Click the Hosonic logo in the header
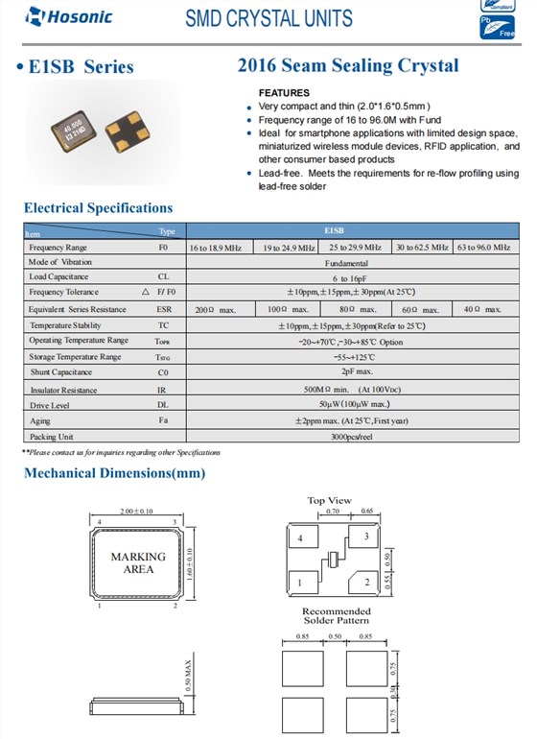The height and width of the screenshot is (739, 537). click(56, 16)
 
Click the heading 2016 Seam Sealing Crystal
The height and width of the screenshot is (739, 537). click(347, 66)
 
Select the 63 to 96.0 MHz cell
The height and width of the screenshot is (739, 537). click(483, 247)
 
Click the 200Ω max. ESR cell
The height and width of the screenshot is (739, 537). click(216, 310)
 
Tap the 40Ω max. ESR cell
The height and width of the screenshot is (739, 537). click(482, 310)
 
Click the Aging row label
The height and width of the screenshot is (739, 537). click(40, 421)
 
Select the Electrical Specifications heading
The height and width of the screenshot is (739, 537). click(98, 208)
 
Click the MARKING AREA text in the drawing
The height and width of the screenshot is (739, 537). click(137, 562)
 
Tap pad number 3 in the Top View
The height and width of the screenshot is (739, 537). click(366, 538)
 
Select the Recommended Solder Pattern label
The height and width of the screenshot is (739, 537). click(336, 617)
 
